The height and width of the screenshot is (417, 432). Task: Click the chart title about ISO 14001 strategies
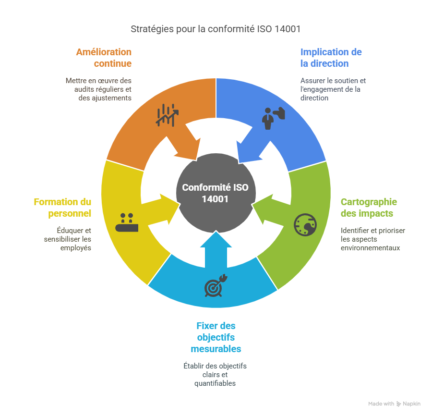pyautogui.click(x=216, y=29)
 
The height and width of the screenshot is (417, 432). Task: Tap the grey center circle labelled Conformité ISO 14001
pyautogui.click(x=216, y=193)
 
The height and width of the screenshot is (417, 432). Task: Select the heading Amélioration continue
pyautogui.click(x=104, y=58)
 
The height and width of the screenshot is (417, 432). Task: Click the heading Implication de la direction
pyautogui.click(x=331, y=58)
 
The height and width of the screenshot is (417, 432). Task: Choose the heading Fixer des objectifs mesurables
pyautogui.click(x=216, y=337)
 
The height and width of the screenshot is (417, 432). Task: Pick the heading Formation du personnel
pyautogui.click(x=62, y=208)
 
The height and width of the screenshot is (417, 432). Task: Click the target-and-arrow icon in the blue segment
pyautogui.click(x=215, y=286)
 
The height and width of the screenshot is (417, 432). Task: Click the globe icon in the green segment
pyautogui.click(x=305, y=224)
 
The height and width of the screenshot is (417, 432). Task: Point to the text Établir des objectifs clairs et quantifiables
pyautogui.click(x=216, y=375)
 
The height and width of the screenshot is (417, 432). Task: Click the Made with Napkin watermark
pyautogui.click(x=395, y=404)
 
